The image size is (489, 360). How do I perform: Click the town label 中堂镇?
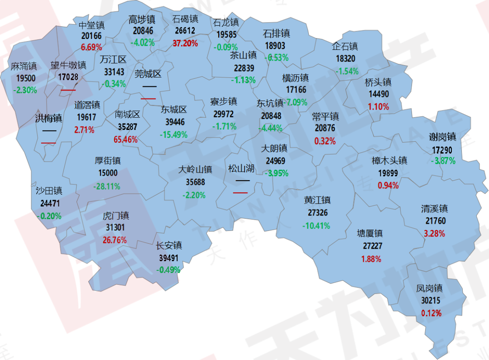point(91,25)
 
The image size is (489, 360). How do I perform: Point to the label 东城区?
point(174,110)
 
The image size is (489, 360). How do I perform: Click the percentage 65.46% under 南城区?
point(126,139)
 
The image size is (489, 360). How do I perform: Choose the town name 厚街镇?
point(108,161)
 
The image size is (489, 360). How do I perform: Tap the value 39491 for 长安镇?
point(168,258)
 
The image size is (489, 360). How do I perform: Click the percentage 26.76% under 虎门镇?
point(115,240)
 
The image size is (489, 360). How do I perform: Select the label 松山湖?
point(241,169)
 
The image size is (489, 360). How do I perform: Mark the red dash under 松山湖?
point(240,192)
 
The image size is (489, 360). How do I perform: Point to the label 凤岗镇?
point(429,288)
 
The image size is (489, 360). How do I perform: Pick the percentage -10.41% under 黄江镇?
point(316,226)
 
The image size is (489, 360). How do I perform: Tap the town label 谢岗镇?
point(443,137)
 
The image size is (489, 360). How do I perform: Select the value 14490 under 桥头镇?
point(379,95)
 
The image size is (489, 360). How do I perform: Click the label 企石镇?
point(345,46)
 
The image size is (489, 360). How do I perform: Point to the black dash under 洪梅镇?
point(49,131)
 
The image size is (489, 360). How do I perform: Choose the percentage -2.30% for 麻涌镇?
point(25,90)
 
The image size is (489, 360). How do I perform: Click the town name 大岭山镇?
point(195,170)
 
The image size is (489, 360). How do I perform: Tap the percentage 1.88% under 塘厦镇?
point(371,259)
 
